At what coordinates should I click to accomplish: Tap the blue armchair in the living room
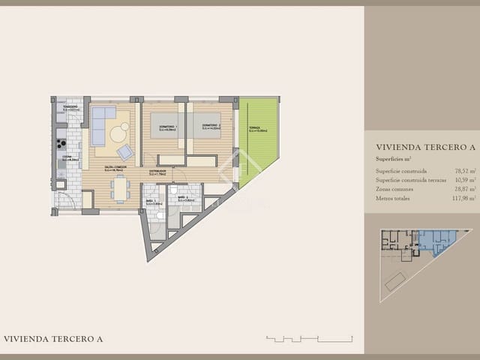pyautogui.click(x=125, y=152)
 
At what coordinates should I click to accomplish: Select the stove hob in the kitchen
pyautogui.click(x=60, y=138)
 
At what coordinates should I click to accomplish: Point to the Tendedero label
pyautogui.click(x=70, y=107)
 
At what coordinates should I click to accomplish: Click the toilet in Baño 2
pyautogui.click(x=172, y=190)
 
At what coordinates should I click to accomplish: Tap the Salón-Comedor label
pyautogui.click(x=115, y=169)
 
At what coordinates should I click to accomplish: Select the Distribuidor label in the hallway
pyautogui.click(x=157, y=172)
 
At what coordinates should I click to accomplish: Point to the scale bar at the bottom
pyautogui.click(x=308, y=339)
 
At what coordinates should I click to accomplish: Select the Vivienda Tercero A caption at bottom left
pyautogui.click(x=53, y=339)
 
